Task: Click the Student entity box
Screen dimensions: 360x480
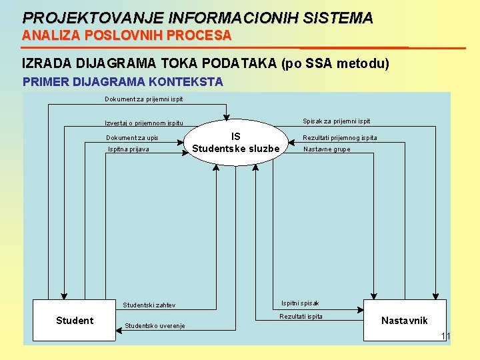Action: (x=74, y=321)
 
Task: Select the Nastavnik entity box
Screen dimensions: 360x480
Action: (x=403, y=321)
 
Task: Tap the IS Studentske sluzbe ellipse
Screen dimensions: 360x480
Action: (x=235, y=143)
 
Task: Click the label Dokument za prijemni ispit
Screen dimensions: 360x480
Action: (x=143, y=99)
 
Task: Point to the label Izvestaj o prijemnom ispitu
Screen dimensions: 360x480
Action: (x=143, y=123)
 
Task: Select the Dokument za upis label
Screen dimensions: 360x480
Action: (x=132, y=138)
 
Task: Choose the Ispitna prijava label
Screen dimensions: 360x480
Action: (x=129, y=149)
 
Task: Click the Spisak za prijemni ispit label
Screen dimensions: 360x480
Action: (x=337, y=121)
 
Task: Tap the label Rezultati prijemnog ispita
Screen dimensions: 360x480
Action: (x=340, y=138)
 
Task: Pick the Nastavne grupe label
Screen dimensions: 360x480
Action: (x=327, y=149)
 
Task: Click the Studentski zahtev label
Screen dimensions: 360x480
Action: (x=149, y=305)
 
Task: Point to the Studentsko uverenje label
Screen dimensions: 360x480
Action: (x=155, y=326)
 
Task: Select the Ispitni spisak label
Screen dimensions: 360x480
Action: (x=300, y=303)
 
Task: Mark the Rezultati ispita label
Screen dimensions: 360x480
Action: (x=301, y=317)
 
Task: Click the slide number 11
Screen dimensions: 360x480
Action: (x=446, y=336)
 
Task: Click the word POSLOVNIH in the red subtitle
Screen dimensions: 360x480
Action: (x=107, y=35)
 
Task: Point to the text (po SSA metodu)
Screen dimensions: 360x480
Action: (x=335, y=64)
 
